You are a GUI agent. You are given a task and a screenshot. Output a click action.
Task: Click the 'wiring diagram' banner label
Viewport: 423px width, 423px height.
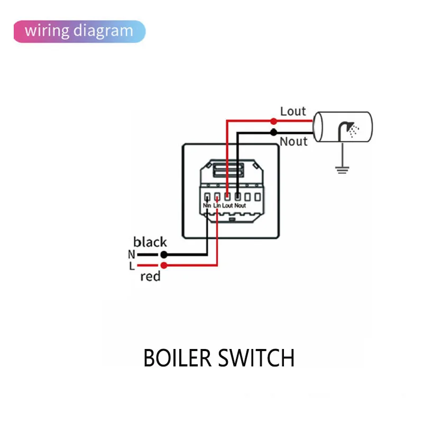[x=79, y=31]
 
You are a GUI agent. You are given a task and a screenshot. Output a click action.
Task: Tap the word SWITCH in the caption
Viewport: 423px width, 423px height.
[x=258, y=358]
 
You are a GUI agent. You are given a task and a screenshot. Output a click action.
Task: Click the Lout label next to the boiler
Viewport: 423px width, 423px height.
[x=293, y=111]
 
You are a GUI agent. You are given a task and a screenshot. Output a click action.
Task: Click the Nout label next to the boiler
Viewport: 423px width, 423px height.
[x=293, y=141]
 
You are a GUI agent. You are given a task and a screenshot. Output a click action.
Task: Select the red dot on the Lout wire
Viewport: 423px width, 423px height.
[x=273, y=121]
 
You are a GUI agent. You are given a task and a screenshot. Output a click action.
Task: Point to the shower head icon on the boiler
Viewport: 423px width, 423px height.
[x=349, y=128]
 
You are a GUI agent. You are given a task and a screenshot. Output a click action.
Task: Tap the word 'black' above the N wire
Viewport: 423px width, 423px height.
[x=150, y=242]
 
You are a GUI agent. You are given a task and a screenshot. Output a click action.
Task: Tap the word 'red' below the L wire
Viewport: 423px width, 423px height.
[x=150, y=277]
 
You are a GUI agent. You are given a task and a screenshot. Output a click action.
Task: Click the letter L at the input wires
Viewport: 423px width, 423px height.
[x=132, y=265]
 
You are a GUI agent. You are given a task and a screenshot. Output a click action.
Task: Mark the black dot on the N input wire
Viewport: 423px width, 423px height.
[x=164, y=254]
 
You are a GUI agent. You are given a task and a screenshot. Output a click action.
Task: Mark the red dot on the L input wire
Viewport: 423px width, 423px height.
[x=164, y=264]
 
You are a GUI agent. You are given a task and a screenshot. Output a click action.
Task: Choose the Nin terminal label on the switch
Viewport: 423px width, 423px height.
[x=207, y=205]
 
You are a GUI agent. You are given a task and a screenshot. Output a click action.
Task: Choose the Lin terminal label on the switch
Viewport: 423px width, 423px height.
[x=217, y=205]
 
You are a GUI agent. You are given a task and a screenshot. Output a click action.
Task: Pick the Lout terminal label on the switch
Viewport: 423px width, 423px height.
[x=227, y=205]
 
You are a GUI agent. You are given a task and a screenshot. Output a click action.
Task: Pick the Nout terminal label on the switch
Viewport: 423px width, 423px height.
[x=240, y=205]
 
